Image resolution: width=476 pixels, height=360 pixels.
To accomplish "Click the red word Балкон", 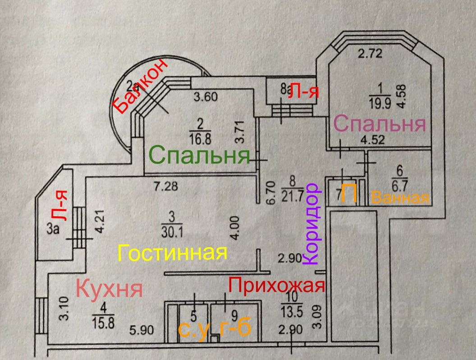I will (140, 86).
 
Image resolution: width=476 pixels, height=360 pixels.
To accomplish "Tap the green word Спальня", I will (199, 155).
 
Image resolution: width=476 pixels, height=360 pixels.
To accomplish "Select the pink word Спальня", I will (380, 124).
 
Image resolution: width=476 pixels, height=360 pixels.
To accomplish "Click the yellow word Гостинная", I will (172, 253).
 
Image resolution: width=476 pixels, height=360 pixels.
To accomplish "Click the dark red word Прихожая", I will (276, 285).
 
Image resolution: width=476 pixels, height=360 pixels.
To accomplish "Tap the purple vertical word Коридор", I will (312, 223).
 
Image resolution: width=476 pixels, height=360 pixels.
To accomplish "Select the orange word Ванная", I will (400, 198).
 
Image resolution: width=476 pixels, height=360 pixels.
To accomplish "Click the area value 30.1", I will (170, 230).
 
